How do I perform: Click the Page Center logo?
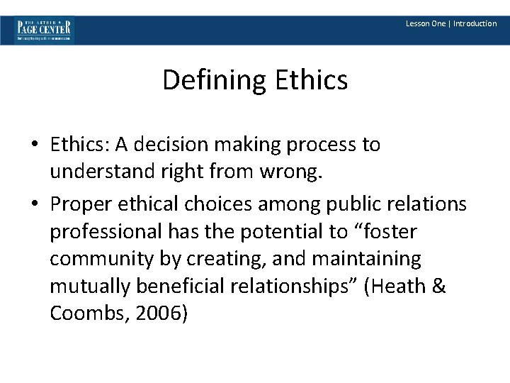44,30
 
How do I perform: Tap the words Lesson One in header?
426,23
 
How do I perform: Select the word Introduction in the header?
475,23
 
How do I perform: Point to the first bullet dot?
35,145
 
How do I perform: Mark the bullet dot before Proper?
35,205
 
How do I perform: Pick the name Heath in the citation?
397,287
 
